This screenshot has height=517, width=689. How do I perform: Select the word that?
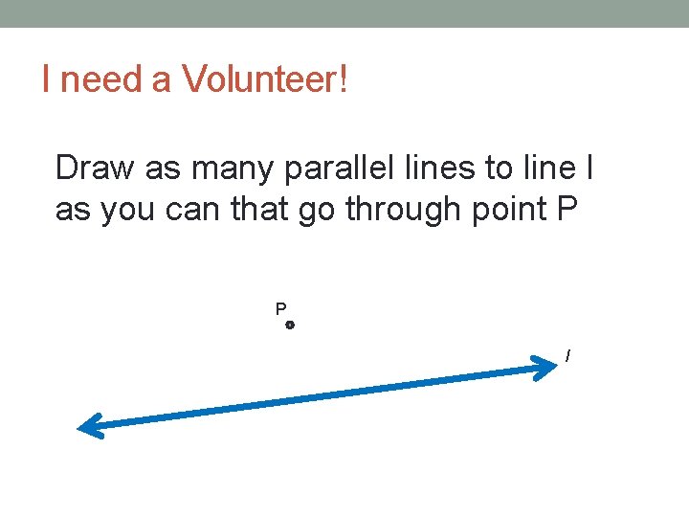[x=260, y=208]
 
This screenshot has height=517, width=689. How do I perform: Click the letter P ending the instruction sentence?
[x=566, y=208]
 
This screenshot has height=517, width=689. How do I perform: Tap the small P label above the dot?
[x=280, y=309]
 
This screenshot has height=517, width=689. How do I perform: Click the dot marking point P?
[x=290, y=326]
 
